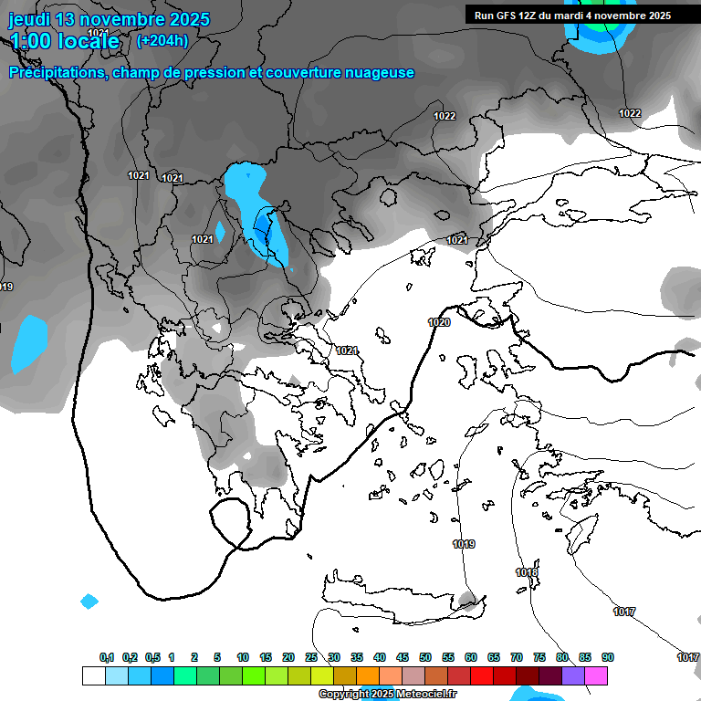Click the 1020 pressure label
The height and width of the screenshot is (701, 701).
click(439, 322)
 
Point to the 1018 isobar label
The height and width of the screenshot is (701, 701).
click(527, 572)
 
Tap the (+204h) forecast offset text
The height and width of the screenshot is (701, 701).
click(162, 40)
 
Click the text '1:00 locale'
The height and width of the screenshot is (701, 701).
click(65, 41)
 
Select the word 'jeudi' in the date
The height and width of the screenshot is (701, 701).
click(29, 19)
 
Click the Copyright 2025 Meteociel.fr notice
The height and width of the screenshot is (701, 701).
click(388, 695)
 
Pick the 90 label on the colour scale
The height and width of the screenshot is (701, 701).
click(608, 657)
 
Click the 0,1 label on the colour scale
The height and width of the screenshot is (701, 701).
click(107, 657)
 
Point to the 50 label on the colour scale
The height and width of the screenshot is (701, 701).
click(425, 657)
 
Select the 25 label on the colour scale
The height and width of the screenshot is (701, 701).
click(311, 657)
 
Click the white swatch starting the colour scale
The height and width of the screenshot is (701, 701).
click(93, 675)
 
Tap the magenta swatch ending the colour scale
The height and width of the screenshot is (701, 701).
click(596, 675)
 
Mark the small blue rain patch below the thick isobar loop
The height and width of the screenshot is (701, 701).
click(89, 602)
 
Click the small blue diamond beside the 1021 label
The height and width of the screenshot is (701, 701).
click(220, 232)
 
